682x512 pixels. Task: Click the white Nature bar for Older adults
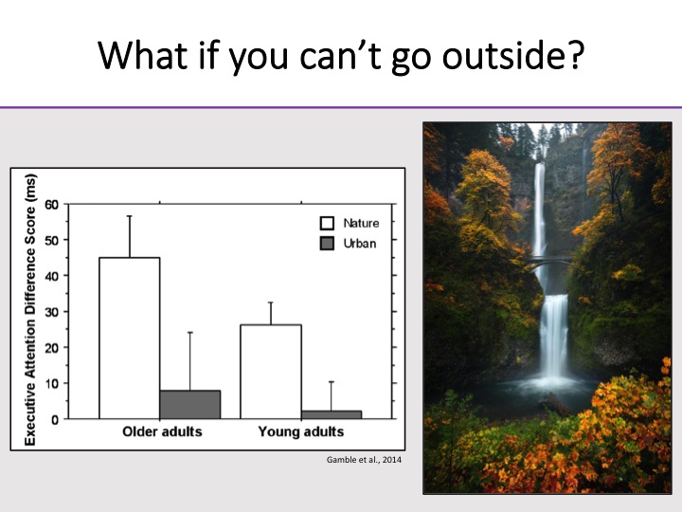[x=130, y=338]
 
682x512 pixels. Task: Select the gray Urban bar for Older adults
[x=190, y=405]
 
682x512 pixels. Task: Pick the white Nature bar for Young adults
[x=271, y=372]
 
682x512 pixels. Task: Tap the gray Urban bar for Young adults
[x=332, y=414]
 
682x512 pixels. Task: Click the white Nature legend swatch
[x=327, y=223]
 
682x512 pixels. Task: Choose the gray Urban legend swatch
[x=327, y=244]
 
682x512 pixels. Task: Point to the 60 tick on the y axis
[x=52, y=204]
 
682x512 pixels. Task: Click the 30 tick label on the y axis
[x=52, y=312]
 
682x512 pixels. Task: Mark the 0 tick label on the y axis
[x=55, y=420]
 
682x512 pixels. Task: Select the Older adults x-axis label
[x=162, y=431]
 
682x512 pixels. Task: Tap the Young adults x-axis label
[x=301, y=431]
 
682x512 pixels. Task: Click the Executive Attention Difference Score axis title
[x=30, y=309]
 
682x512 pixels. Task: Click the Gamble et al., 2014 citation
[x=364, y=460]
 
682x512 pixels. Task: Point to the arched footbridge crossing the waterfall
[x=548, y=262]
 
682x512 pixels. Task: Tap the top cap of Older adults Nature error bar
[x=129, y=216]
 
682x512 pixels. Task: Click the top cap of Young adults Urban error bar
[x=332, y=382]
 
